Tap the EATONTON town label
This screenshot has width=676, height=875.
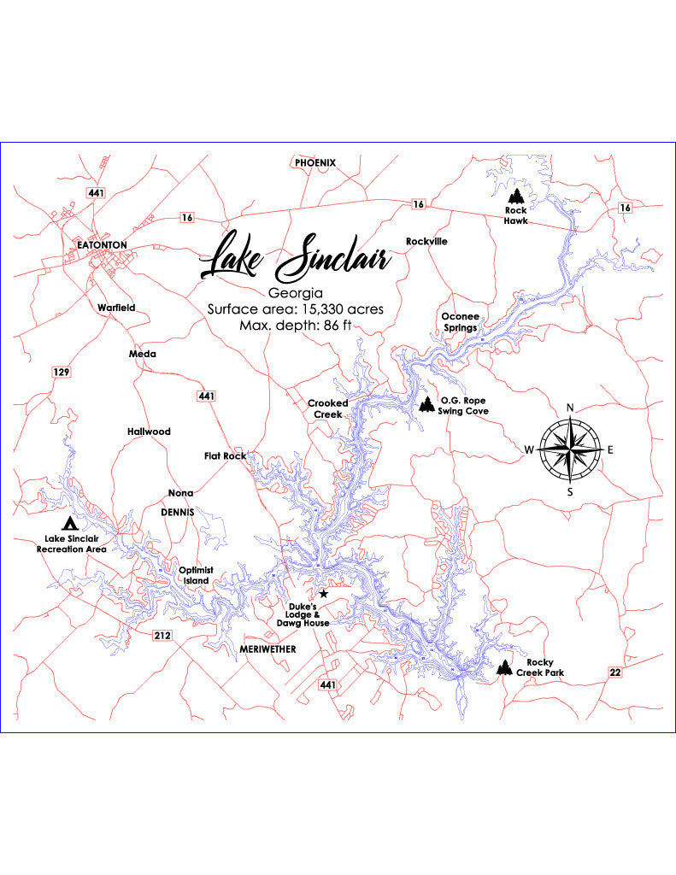coord(102,244)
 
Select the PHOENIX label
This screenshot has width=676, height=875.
coord(315,162)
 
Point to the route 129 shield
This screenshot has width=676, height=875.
coord(61,372)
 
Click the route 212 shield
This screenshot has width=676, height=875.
coord(163,636)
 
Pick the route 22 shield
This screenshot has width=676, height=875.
coord(615,673)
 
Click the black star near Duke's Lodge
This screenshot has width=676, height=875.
coord(323,594)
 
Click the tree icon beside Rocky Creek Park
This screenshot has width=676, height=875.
coord(505,667)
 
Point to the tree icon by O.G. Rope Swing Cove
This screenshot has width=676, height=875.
coord(426,404)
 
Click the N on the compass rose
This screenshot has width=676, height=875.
coord(570,408)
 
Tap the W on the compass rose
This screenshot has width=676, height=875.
coord(530,449)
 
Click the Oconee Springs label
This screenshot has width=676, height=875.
coord(460,321)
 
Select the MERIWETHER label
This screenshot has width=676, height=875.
coord(267,649)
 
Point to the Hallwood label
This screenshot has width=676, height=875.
coord(149,432)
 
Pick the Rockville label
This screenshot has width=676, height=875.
coord(426,241)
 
